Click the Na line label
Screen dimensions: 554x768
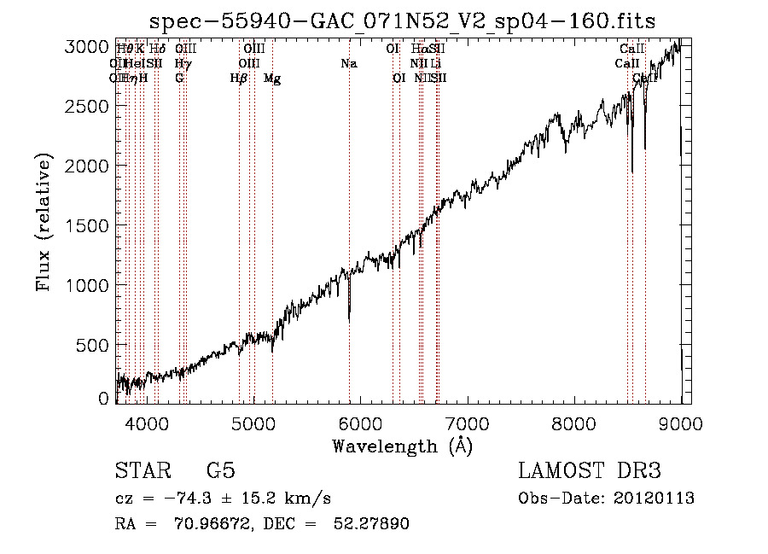tap(348, 63)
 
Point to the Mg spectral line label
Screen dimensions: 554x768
tap(272, 79)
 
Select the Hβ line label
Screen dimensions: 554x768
tap(239, 79)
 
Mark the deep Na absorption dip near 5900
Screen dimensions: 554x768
tap(349, 316)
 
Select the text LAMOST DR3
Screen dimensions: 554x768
tap(589, 471)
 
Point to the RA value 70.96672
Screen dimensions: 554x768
tap(217, 524)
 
